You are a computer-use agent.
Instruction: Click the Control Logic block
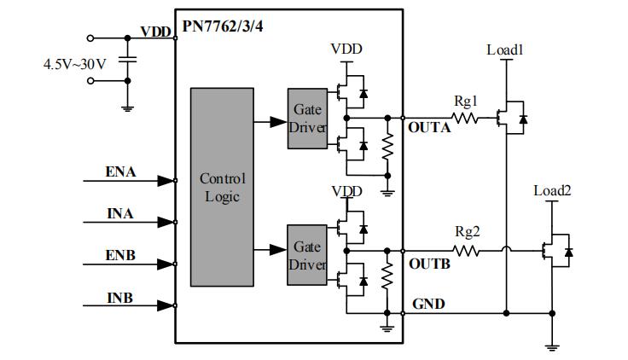pyautogui.click(x=222, y=187)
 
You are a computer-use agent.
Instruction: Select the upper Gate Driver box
pyautogui.click(x=306, y=118)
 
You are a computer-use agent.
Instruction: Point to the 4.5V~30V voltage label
pyautogui.click(x=75, y=63)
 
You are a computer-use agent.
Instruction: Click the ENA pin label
pyautogui.click(x=119, y=172)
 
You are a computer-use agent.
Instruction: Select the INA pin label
pyautogui.click(x=119, y=213)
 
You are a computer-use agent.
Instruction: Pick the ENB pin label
pyautogui.click(x=119, y=255)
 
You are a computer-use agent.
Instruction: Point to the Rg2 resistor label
pyautogui.click(x=466, y=232)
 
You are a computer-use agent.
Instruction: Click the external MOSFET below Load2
pyautogui.click(x=556, y=252)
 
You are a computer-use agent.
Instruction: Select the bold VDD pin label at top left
pyautogui.click(x=156, y=32)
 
